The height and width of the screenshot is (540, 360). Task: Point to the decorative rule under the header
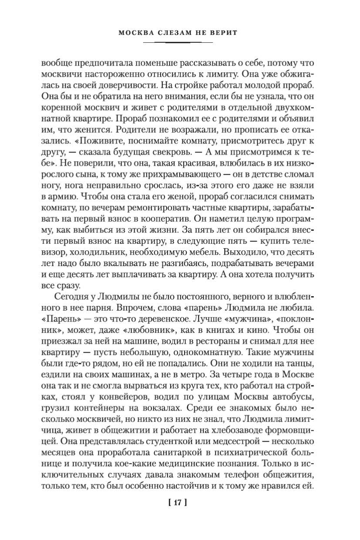pyautogui.click(x=178, y=42)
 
